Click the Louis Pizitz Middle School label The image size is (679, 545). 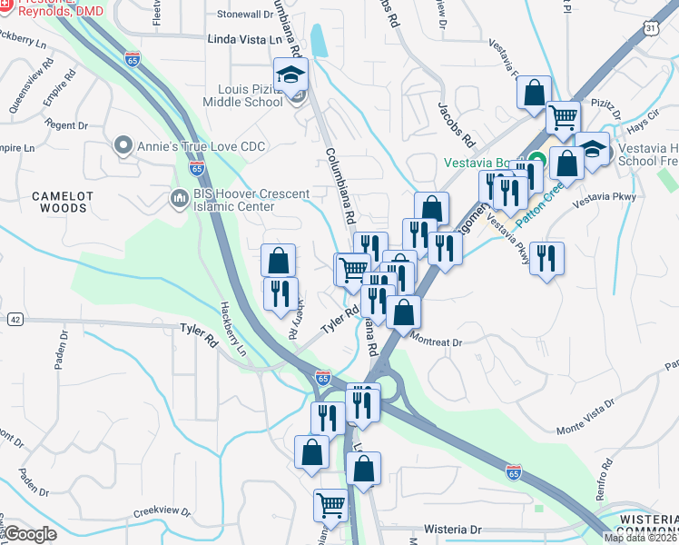pos(251,95)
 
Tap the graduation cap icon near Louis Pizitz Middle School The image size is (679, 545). pos(290,76)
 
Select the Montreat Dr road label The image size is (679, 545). pos(438,342)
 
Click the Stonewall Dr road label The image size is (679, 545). pos(243,14)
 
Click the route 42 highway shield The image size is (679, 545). pos(15,319)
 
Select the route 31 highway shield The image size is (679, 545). pos(652,29)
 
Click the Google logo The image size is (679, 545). pos(31,534)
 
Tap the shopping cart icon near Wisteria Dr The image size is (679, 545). pos(331,504)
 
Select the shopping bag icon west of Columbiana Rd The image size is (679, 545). pos(279,261)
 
